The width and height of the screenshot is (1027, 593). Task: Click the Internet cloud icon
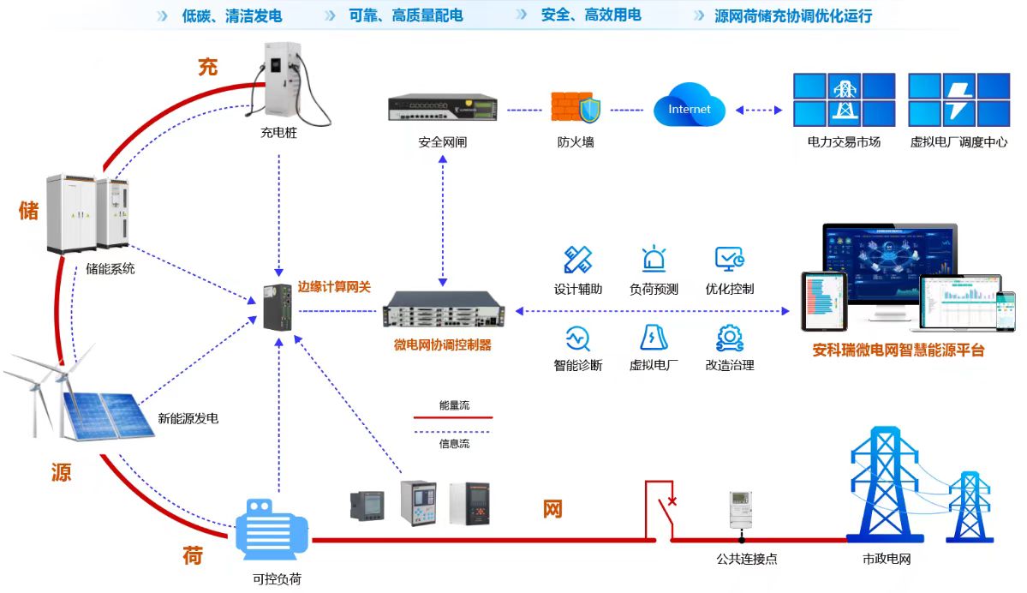(x=690, y=109)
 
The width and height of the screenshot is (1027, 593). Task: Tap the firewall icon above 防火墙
(x=576, y=108)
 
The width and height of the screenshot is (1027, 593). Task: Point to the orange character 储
(x=29, y=210)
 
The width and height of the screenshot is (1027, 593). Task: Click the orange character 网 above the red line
(x=552, y=509)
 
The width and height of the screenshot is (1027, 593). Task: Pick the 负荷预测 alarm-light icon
(x=654, y=260)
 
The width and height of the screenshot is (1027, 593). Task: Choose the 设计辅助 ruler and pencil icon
(x=578, y=260)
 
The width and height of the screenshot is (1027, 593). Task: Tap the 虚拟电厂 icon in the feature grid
(x=654, y=337)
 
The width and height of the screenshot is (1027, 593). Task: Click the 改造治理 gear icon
(x=729, y=337)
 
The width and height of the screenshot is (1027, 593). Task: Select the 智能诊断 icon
(x=578, y=337)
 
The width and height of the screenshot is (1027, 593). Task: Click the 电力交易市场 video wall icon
(x=844, y=99)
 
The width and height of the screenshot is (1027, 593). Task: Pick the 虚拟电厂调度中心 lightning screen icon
(x=958, y=99)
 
